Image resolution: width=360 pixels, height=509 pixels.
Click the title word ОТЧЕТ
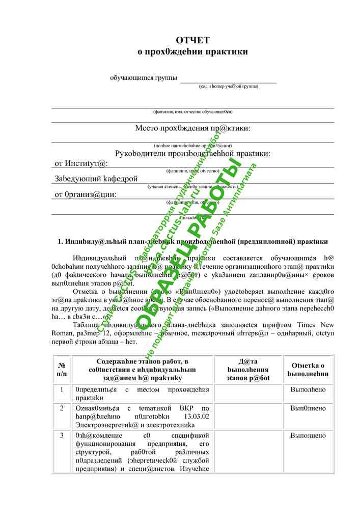192,40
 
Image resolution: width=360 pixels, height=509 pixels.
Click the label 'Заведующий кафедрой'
96,179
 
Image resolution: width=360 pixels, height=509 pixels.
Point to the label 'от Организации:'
86,194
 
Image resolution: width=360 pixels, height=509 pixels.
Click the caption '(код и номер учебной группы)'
228,86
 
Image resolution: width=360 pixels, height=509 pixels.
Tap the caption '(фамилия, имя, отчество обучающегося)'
192,111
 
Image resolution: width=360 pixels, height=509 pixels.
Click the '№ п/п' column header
62,370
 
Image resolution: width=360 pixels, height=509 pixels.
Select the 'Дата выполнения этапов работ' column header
248,370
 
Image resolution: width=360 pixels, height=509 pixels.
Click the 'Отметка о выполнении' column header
308,370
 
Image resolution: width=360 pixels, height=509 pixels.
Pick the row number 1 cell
62,390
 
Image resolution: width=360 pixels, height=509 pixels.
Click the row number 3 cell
62,435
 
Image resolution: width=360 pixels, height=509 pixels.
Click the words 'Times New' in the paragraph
316,325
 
